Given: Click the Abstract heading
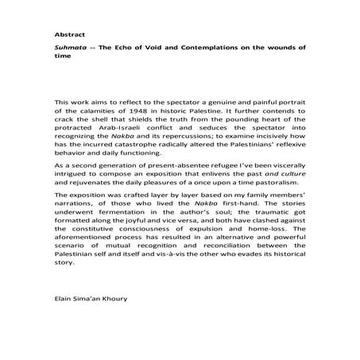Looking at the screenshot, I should click(68, 36).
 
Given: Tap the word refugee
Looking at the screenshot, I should click(219, 180).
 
